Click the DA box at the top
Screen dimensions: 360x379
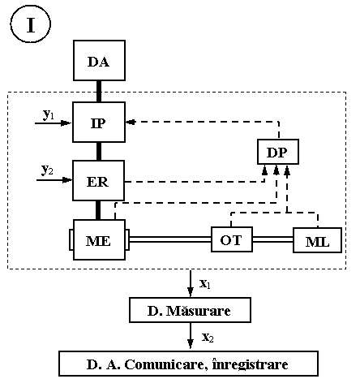click(99, 61)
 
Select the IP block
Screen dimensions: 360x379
click(99, 123)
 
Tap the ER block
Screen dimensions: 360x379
click(99, 181)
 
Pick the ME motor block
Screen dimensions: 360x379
click(99, 240)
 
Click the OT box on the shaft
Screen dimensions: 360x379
click(232, 239)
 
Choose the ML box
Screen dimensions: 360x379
click(318, 240)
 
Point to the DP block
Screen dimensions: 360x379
click(278, 152)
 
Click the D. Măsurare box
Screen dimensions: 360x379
click(190, 310)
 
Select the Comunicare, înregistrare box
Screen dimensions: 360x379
click(188, 364)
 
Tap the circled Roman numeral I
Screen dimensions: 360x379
click(31, 24)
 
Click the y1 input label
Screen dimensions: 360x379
click(49, 114)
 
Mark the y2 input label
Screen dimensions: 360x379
click(47, 170)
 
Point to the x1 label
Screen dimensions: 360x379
click(205, 284)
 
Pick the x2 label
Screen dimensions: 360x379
click(208, 338)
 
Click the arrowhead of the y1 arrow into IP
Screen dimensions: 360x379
click(66, 123)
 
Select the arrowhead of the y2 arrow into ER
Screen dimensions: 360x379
click(67, 180)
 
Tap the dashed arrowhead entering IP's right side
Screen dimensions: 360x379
click(131, 122)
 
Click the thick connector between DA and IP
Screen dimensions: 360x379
click(99, 92)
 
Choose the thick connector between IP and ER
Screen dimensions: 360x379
click(99, 152)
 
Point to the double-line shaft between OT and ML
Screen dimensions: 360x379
click(273, 239)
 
